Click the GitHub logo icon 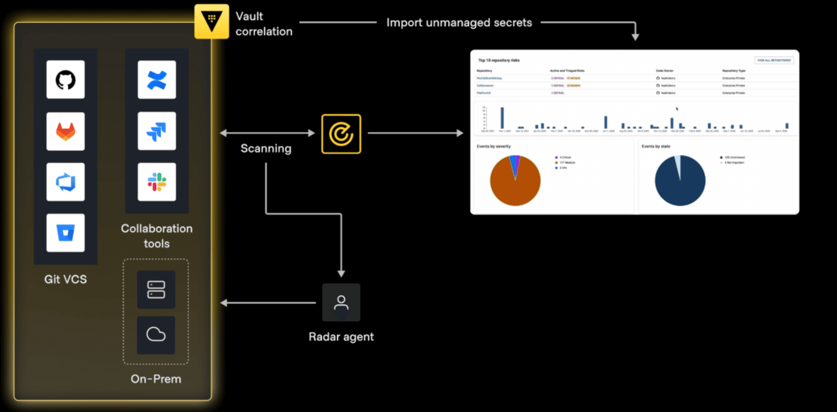click(66, 80)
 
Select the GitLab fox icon click(66, 131)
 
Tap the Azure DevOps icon click(66, 182)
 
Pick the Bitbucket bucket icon click(66, 233)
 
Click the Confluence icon click(157, 80)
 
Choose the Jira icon click(157, 131)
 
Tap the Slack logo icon click(157, 182)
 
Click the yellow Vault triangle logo click(212, 21)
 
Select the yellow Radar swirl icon click(341, 134)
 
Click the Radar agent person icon click(341, 302)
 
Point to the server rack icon click(156, 290)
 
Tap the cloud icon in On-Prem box click(156, 335)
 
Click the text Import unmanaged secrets click(459, 23)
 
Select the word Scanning click(266, 148)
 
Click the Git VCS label click(66, 279)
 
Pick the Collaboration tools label click(157, 236)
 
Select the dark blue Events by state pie click(680, 183)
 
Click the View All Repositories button click(774, 60)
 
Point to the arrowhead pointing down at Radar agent click(341, 273)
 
